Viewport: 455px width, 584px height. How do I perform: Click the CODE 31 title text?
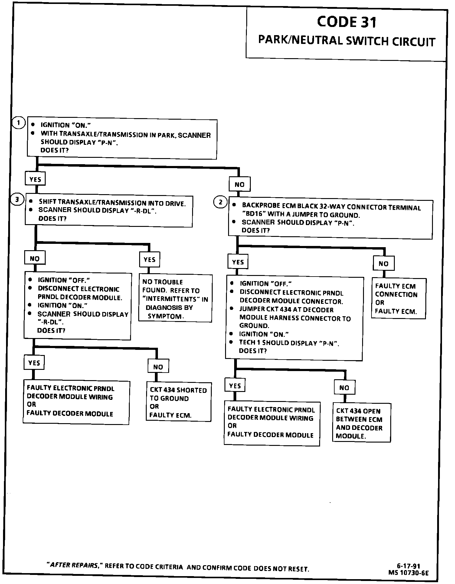pos(347,22)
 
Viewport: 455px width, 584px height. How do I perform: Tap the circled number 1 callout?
pos(19,123)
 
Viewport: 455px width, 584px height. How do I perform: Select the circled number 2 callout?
pos(220,202)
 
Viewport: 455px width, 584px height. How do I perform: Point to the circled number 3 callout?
pos(17,199)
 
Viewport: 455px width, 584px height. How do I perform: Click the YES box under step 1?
pos(35,179)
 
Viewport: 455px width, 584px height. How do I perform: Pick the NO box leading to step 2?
pos(239,184)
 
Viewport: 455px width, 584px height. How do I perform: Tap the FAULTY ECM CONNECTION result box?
pos(398,299)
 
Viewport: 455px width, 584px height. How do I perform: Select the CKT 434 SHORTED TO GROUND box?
pos(178,402)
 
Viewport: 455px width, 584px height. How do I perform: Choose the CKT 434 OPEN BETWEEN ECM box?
pos(361,423)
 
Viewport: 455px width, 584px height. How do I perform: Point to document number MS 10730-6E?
pos(409,572)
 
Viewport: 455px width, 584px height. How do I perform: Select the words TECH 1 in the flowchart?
pos(250,343)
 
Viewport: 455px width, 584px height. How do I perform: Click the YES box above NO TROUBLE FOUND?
pos(149,260)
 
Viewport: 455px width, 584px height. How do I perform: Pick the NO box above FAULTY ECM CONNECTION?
pos(383,264)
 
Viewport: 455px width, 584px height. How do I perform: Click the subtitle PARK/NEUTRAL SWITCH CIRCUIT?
pos(347,41)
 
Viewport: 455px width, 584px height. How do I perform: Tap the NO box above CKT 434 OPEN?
pos(344,388)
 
